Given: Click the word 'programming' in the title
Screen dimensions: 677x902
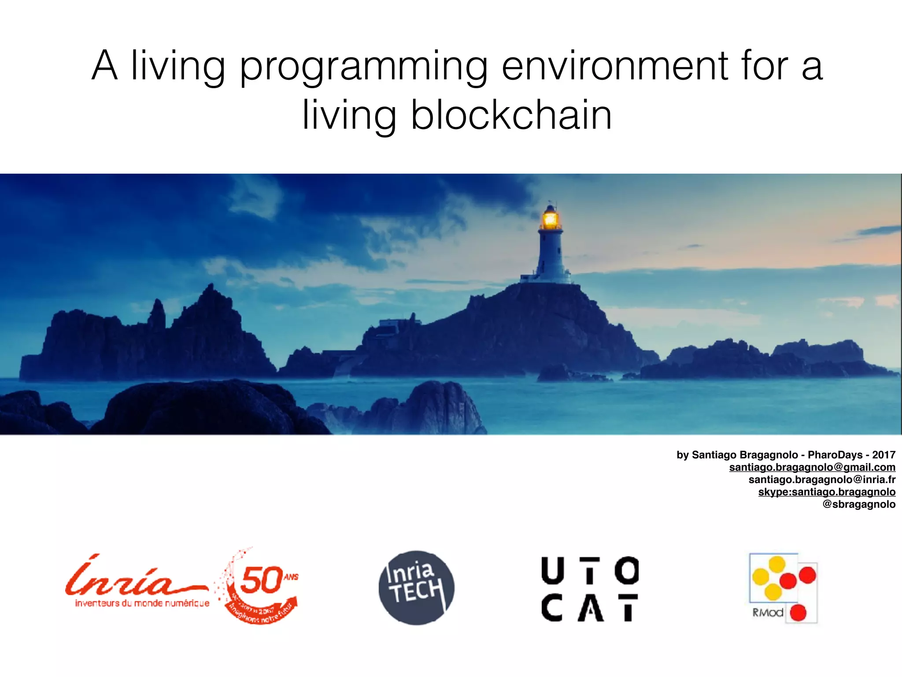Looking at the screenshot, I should click(x=363, y=67).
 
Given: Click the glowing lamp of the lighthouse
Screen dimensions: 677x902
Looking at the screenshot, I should click(x=550, y=219).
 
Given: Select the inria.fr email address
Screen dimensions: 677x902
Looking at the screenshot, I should click(x=821, y=480).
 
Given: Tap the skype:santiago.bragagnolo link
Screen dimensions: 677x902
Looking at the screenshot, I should click(x=826, y=492).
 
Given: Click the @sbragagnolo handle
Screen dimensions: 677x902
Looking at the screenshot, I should click(x=858, y=504).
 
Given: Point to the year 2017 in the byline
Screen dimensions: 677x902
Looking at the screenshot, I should click(x=884, y=455).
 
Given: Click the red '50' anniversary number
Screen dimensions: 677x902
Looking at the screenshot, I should click(x=262, y=580).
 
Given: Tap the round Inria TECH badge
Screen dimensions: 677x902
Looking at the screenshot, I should click(x=416, y=588).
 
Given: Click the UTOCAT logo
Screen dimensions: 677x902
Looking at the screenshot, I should click(x=590, y=589).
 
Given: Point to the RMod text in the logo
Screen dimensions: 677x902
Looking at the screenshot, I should click(x=768, y=613).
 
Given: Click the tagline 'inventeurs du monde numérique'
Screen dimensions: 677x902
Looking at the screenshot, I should click(x=142, y=603).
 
